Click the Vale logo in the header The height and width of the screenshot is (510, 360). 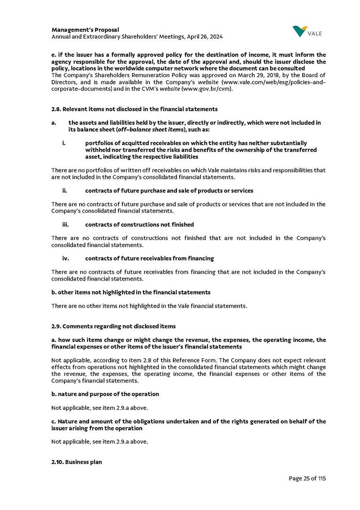[x=307, y=32]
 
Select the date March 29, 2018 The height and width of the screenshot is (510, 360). [x=221, y=75]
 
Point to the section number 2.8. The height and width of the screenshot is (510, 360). [x=56, y=109]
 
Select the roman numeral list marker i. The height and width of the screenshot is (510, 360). [x=64, y=143]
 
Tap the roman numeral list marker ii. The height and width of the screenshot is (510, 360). [x=64, y=191]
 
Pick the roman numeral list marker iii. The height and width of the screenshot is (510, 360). [x=65, y=225]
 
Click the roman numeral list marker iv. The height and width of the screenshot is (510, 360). [x=65, y=259]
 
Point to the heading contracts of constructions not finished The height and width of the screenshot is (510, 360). [x=139, y=225]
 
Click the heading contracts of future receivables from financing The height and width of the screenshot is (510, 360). [x=149, y=259]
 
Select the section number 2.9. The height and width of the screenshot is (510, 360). [x=56, y=326]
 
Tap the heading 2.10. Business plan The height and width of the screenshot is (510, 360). [x=76, y=462]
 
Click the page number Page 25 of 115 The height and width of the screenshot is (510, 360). [x=307, y=478]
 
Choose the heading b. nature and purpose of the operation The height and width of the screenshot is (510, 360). [x=105, y=394]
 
